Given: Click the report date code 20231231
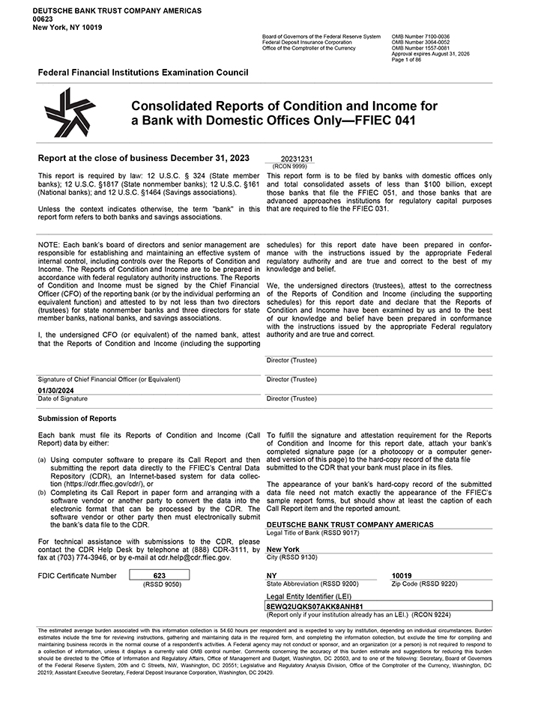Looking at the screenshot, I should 296,160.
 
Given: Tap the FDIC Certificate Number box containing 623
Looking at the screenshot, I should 159,574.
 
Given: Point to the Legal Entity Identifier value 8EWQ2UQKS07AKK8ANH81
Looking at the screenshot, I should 315,605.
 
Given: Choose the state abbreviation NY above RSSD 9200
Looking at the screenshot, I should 271,574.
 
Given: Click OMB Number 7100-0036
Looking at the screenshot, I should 420,36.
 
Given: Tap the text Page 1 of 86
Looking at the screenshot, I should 408,59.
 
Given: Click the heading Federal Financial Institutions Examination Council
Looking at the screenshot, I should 142,73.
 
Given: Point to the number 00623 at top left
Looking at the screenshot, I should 43,19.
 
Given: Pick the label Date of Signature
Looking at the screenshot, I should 62,398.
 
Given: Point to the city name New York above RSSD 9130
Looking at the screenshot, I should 282,549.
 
